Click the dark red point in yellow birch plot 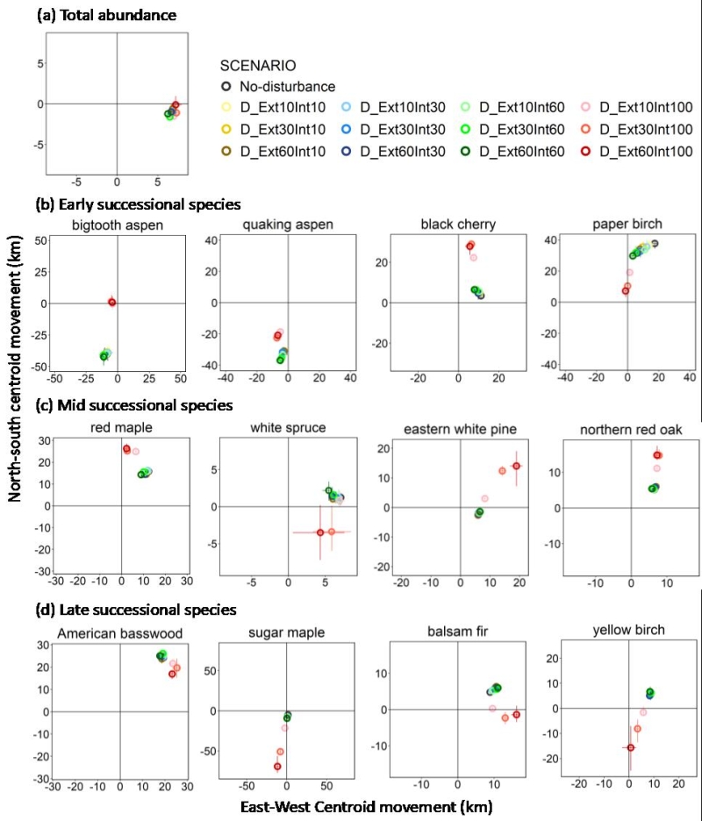pyautogui.click(x=630, y=747)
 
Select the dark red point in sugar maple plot pyautogui.click(x=277, y=766)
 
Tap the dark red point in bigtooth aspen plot pyautogui.click(x=111, y=302)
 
